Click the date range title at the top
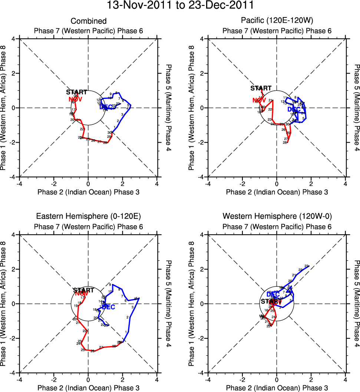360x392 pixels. tap(180, 5)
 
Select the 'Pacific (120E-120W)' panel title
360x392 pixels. tap(277, 21)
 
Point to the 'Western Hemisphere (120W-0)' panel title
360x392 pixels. tap(277, 216)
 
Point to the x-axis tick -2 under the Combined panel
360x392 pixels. tap(54, 183)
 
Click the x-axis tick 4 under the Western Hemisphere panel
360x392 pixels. tap(346, 379)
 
